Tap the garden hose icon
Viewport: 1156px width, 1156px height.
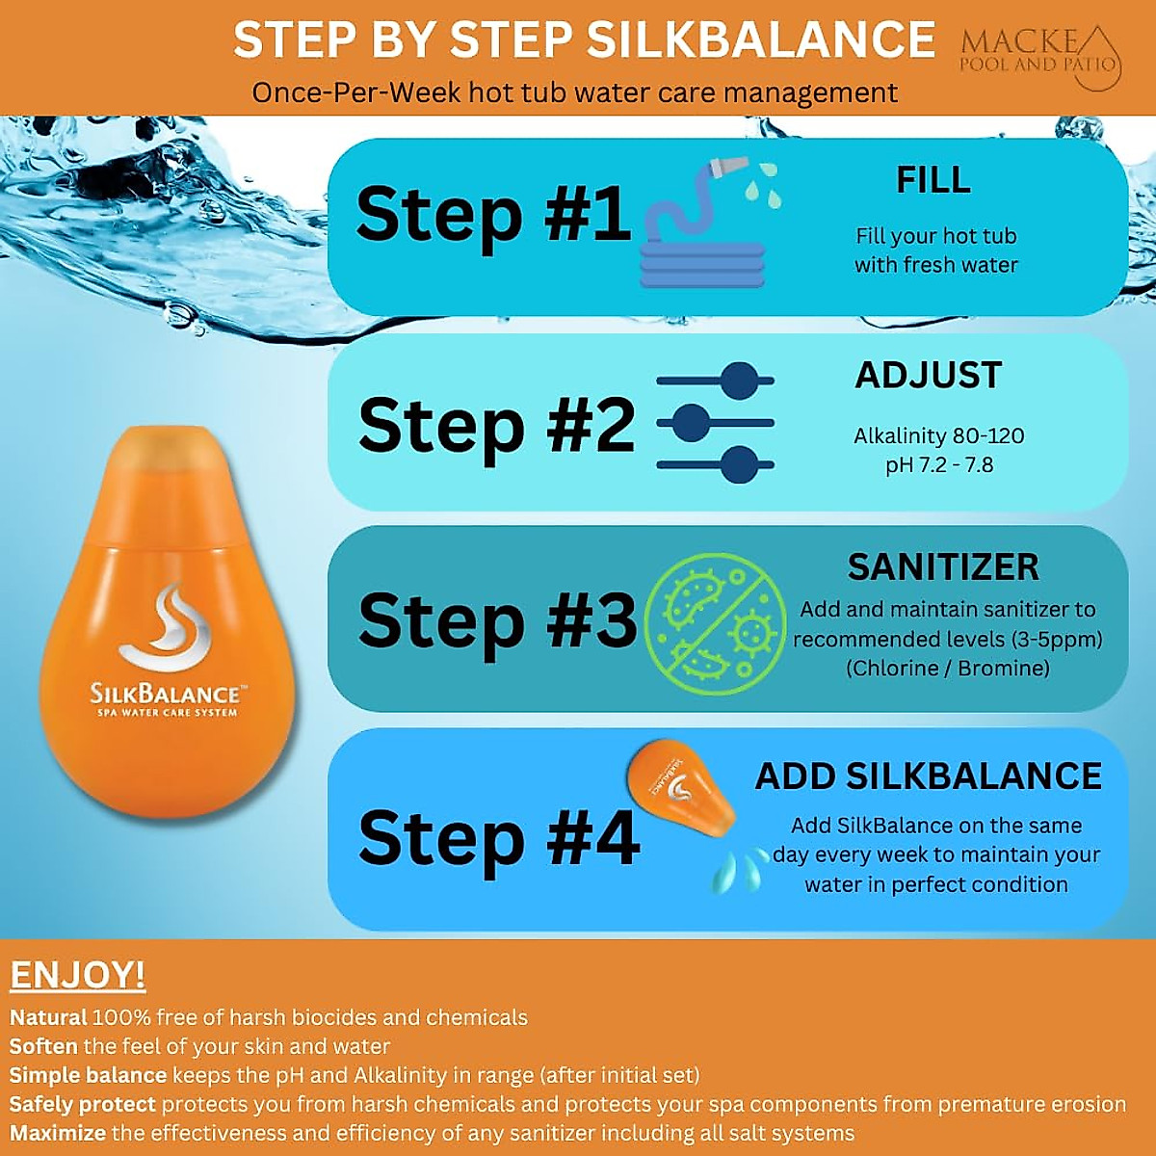click(703, 231)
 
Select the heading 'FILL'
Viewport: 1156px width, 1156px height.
click(933, 180)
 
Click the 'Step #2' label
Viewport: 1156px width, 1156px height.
click(495, 425)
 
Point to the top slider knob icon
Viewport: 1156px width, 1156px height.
click(740, 381)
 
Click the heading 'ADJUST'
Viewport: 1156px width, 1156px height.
click(929, 375)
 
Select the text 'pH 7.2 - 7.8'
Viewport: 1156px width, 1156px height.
click(939, 465)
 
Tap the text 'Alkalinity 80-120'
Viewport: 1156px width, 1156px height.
click(939, 435)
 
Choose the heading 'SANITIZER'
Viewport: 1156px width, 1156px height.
click(943, 566)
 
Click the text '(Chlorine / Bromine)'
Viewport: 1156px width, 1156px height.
click(947, 668)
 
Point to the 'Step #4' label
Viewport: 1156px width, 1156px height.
click(497, 838)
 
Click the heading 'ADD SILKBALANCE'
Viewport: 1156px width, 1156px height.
click(928, 776)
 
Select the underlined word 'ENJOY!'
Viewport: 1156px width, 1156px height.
click(77, 975)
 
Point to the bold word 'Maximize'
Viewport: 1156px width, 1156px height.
click(58, 1133)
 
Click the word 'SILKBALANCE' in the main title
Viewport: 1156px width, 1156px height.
click(761, 40)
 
